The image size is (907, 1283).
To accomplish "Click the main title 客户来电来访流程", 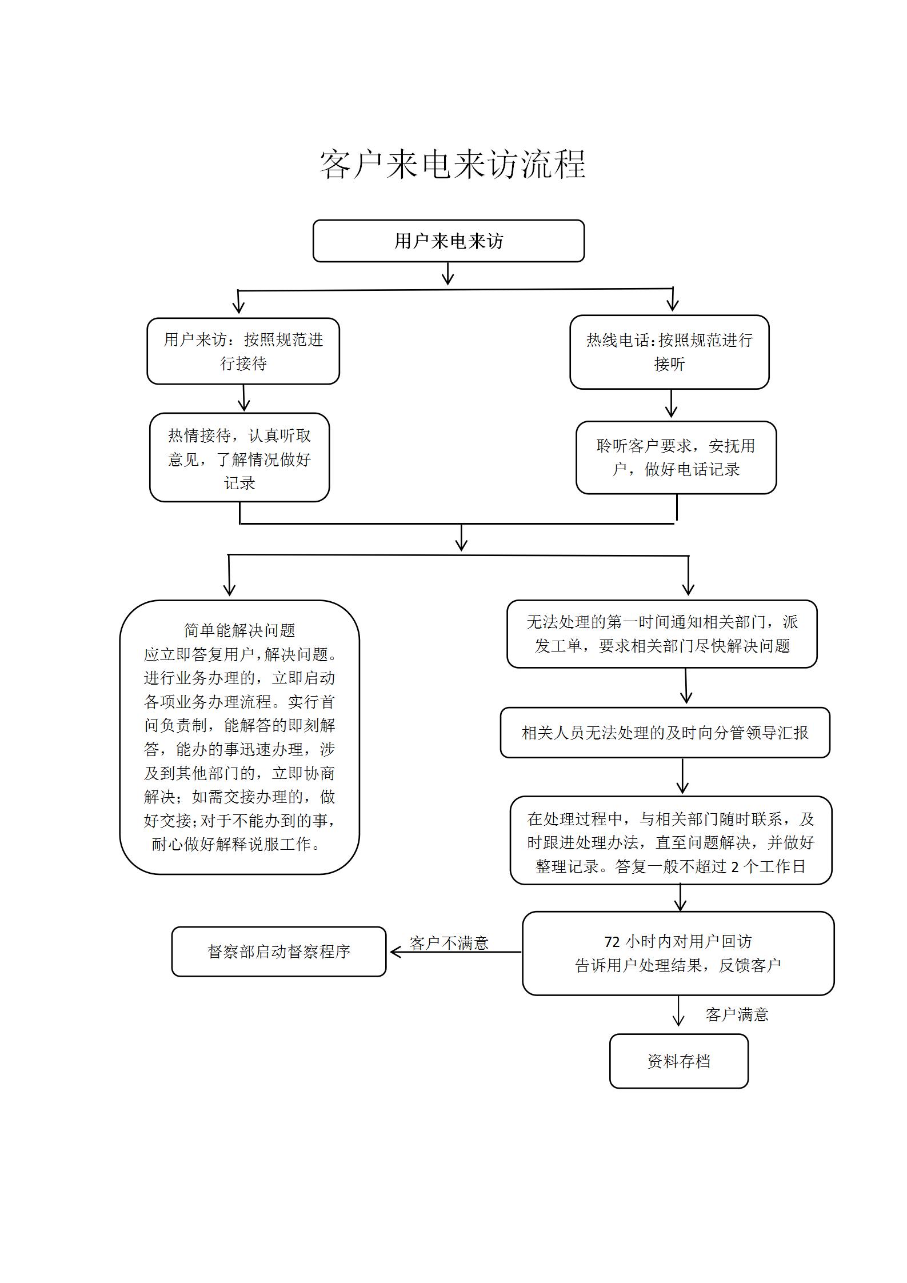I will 453,165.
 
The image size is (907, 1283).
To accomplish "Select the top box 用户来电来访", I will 448,241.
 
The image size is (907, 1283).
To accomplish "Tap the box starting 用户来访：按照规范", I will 243,351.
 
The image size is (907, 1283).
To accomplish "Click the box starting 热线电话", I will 669,352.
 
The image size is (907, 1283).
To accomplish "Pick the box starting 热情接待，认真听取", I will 239,458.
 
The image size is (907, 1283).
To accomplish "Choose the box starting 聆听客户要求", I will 676,458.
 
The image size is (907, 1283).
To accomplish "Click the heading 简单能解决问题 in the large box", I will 239,630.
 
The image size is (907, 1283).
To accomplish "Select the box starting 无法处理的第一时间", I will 662,634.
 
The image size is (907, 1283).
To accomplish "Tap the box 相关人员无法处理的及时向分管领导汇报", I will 665,733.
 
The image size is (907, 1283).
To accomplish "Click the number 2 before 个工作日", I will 735,867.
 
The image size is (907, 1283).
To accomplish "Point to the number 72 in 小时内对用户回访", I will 612,941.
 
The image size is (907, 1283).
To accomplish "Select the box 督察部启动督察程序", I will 279,952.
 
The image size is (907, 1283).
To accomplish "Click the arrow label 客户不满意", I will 449,943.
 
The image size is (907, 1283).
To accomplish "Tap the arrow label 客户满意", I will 737,1014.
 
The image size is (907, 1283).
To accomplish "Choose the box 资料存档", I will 678,1061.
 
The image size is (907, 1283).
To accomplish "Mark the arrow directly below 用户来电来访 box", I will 448,274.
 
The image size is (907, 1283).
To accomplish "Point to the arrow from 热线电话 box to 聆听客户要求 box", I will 671,405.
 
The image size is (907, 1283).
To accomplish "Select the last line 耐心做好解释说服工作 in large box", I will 237,844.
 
